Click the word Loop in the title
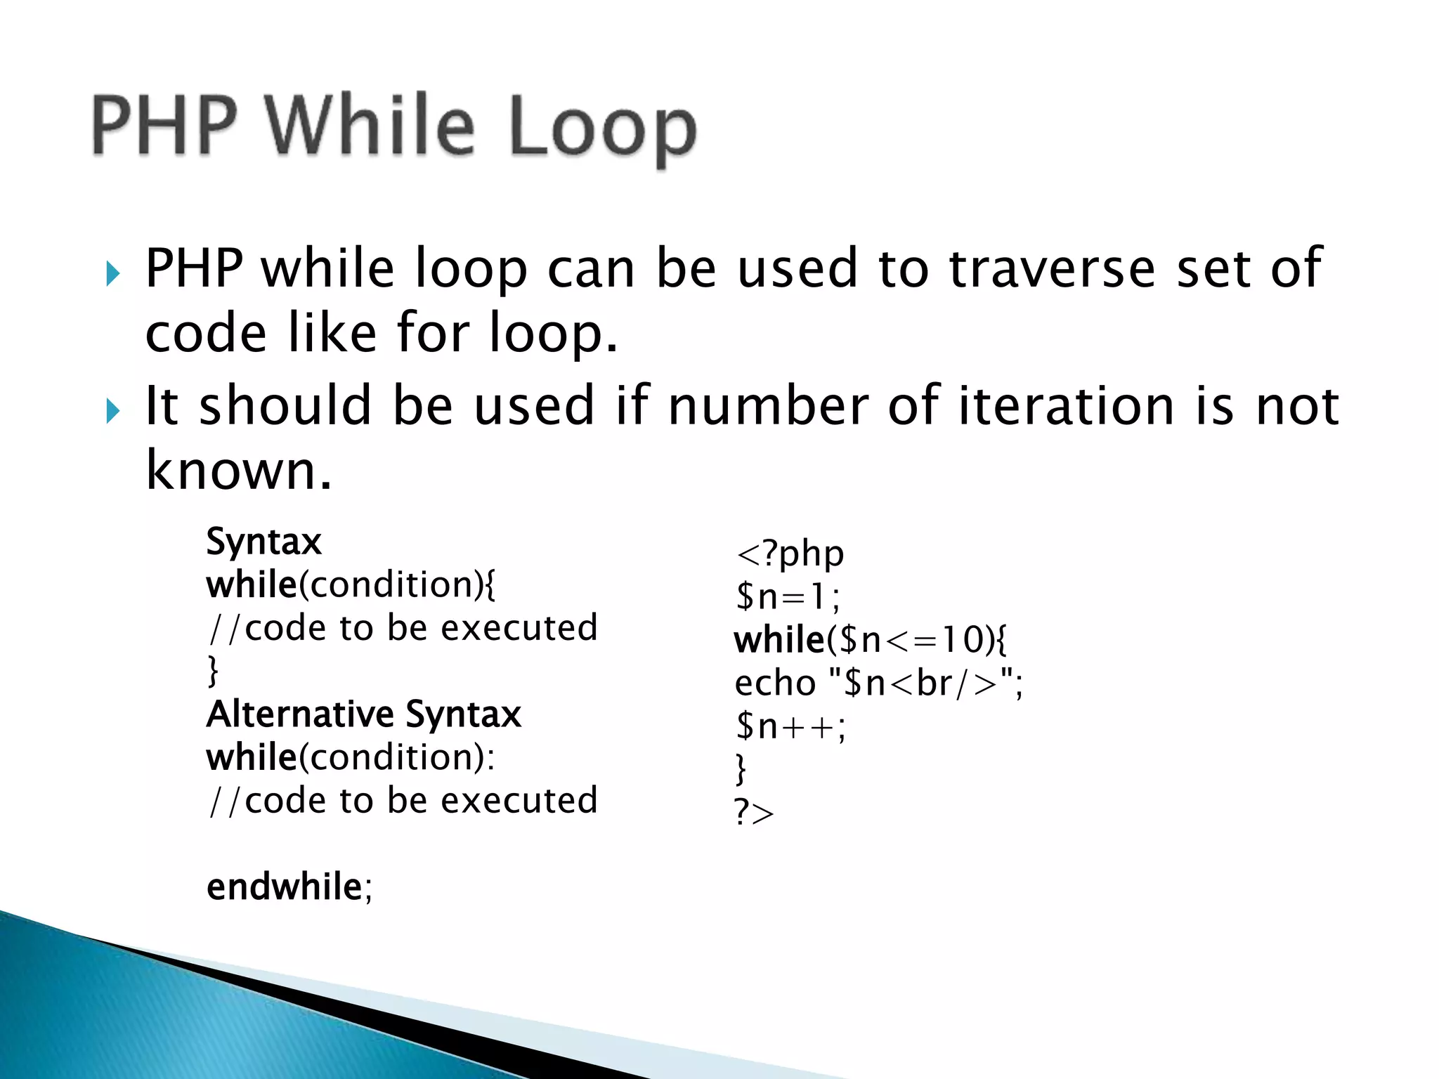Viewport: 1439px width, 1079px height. point(602,128)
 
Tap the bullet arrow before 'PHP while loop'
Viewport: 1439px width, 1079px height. point(112,273)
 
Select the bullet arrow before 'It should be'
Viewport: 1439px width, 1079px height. point(112,411)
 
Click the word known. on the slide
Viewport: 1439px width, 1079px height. point(238,470)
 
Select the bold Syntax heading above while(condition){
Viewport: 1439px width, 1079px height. point(263,542)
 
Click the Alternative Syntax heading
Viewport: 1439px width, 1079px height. point(363,714)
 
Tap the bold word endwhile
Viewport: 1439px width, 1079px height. point(284,887)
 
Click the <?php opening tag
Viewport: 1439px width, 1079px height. point(789,554)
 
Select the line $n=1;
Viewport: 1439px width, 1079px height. point(787,597)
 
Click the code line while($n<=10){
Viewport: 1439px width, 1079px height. point(870,640)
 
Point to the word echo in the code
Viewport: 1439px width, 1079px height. point(775,683)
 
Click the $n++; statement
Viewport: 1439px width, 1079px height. point(790,726)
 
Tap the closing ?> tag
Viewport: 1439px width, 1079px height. point(754,813)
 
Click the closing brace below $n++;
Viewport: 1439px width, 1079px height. point(740,769)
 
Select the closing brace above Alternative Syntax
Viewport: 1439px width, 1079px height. point(213,671)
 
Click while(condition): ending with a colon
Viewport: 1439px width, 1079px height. point(350,757)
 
